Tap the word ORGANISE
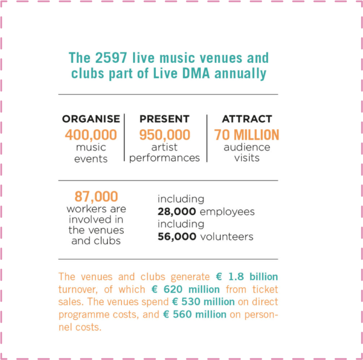91,119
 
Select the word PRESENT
164,119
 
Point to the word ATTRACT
247,119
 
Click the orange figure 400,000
91,135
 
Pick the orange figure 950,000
164,135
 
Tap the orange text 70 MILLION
247,135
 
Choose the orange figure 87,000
96,197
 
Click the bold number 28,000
177,212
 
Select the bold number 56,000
177,237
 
